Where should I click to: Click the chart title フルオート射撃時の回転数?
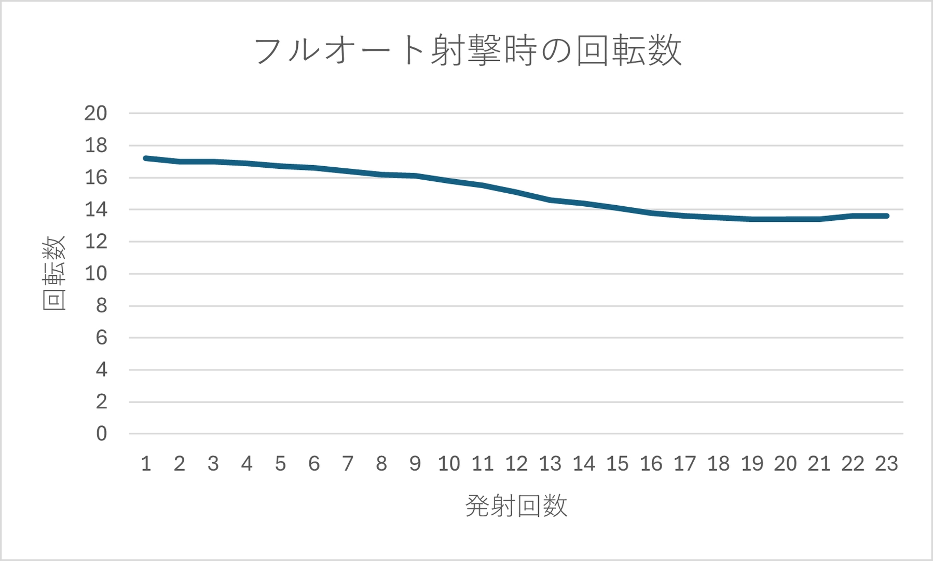click(x=467, y=51)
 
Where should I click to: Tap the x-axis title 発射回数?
click(x=516, y=505)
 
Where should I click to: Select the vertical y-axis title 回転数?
click(x=54, y=273)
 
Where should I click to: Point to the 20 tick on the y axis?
click(x=96, y=113)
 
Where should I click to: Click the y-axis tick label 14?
click(x=96, y=210)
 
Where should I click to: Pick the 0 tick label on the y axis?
click(x=101, y=434)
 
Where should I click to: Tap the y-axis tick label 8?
click(x=101, y=306)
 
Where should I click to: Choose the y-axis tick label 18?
click(x=96, y=145)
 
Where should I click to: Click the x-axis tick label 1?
click(x=146, y=463)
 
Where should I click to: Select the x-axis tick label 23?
click(x=886, y=463)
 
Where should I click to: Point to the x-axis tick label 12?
click(x=516, y=463)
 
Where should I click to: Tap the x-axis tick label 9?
click(x=415, y=463)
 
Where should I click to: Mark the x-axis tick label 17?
click(x=684, y=463)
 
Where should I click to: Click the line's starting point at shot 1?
click(x=146, y=158)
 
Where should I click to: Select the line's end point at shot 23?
click(x=886, y=216)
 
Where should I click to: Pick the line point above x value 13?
click(x=550, y=200)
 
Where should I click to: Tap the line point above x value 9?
click(x=415, y=176)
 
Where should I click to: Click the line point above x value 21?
click(x=819, y=219)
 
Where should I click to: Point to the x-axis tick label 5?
click(x=280, y=463)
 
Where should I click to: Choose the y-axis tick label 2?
click(x=101, y=402)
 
